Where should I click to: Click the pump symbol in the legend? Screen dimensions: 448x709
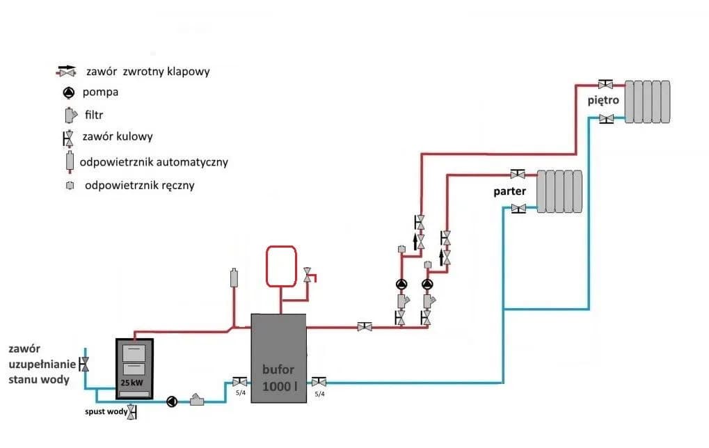(68, 92)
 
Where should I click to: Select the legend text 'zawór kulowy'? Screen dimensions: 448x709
(117, 137)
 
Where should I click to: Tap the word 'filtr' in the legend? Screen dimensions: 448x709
(94, 114)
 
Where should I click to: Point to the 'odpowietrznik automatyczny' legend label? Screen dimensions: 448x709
(154, 162)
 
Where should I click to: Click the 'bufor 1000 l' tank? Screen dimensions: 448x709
(278, 358)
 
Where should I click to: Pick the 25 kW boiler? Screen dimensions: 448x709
(135, 369)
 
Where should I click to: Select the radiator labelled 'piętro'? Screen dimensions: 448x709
(647, 102)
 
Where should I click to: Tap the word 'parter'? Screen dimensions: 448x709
(510, 191)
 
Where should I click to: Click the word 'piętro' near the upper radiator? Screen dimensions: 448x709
(603, 100)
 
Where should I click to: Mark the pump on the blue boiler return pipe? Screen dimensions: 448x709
(172, 401)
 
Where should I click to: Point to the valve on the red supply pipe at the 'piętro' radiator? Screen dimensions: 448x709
(606, 85)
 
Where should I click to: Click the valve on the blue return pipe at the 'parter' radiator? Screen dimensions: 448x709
(518, 208)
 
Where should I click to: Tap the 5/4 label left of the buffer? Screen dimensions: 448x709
(239, 394)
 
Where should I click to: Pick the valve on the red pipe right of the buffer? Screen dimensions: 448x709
(363, 326)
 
